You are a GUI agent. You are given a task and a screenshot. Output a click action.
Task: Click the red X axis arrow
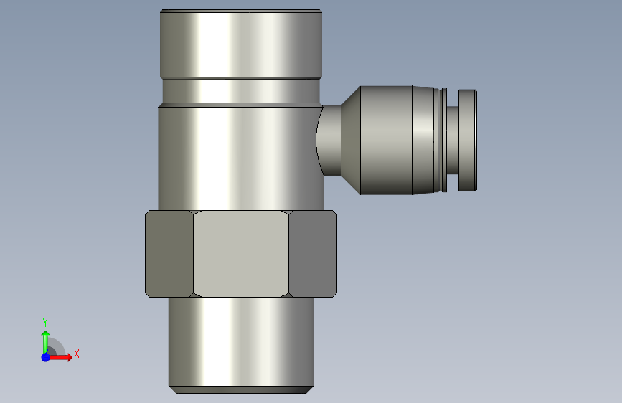(60, 357)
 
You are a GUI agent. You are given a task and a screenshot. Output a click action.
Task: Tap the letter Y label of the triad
(45, 323)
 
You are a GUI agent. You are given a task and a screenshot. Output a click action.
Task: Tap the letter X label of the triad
(77, 354)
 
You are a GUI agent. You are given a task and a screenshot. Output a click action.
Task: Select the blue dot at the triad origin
(46, 357)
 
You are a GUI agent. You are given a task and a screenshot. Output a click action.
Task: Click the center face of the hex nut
(241, 254)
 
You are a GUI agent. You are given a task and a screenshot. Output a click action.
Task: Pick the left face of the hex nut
(169, 254)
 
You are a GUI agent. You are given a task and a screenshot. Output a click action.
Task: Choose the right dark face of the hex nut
(313, 254)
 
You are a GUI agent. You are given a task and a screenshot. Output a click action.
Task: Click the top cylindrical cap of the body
(241, 44)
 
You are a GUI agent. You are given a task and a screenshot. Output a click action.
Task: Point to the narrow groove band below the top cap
(241, 91)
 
